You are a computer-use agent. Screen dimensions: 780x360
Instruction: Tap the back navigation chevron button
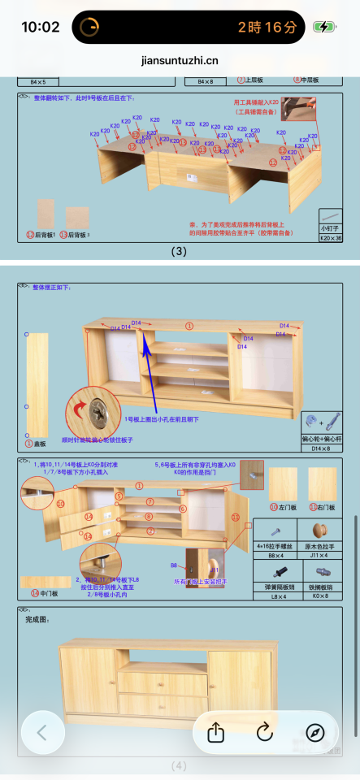(42, 732)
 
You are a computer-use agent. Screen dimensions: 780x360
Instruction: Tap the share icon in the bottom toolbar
(215, 732)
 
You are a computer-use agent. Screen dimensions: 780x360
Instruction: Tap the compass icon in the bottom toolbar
(315, 732)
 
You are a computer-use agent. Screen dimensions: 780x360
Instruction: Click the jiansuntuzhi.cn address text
(180, 60)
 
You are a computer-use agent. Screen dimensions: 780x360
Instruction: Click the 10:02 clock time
(40, 27)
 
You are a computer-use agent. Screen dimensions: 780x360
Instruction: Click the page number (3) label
(180, 251)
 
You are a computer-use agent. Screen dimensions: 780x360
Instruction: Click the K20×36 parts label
(331, 238)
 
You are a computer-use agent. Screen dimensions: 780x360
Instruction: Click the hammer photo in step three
(298, 107)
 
